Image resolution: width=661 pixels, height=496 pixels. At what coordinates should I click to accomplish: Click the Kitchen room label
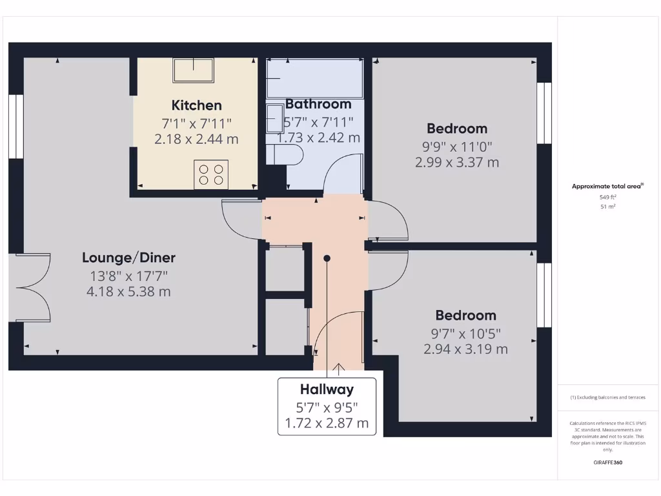point(196,105)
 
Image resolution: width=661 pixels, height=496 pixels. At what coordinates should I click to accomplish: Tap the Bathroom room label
point(318,104)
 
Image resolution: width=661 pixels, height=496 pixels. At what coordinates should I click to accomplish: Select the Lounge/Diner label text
point(128,258)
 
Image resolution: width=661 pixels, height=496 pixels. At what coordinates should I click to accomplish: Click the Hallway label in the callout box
point(327,389)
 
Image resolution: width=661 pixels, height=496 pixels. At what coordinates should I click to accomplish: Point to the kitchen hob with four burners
point(211,174)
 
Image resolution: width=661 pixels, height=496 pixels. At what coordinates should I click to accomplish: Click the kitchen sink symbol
point(193,70)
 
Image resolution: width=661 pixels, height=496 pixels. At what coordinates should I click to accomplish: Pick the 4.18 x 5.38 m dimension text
point(128,292)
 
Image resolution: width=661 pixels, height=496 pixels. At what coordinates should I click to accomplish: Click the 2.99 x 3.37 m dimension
point(457,162)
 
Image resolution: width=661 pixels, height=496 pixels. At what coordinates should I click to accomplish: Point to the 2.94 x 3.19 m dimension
point(465,349)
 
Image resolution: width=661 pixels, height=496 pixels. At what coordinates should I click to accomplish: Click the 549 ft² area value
point(608,197)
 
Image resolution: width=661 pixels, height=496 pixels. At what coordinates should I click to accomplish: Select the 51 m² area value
point(608,207)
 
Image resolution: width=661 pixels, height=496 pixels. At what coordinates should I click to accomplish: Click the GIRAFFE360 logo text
point(608,462)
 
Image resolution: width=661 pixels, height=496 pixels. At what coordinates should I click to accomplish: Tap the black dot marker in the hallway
point(327,258)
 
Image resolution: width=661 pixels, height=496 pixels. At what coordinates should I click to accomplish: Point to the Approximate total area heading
point(607,187)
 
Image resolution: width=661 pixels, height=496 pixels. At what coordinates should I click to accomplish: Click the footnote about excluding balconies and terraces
point(607,397)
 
